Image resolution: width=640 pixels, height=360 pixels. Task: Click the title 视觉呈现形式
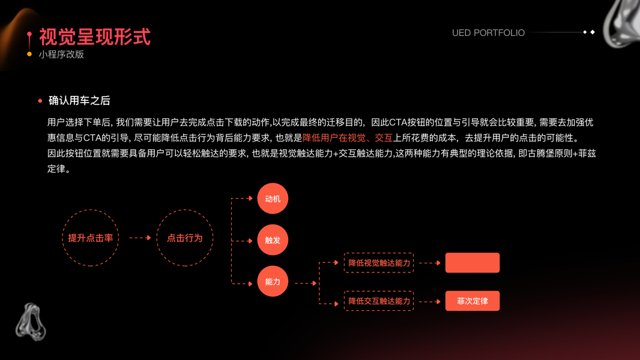click(95, 37)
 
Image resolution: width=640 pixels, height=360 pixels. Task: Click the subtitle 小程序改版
click(61, 55)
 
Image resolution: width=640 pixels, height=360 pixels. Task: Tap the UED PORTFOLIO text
click(488, 33)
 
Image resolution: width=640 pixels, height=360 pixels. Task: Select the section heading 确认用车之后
click(79, 101)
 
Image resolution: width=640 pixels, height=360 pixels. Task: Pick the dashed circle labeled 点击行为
click(185, 238)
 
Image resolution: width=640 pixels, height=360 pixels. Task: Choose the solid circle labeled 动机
click(273, 199)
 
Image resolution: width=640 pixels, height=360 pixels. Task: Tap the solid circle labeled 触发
click(273, 240)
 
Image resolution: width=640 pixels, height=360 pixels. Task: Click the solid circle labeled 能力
click(273, 281)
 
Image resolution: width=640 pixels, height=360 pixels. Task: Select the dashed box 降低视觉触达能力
click(379, 263)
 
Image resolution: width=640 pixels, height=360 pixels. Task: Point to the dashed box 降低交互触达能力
click(379, 301)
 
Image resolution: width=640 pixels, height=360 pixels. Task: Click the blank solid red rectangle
click(472, 263)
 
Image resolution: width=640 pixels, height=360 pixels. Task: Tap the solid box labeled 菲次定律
click(472, 301)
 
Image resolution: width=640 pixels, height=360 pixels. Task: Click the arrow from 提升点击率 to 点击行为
click(140, 238)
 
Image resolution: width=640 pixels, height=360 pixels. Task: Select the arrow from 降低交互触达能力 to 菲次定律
click(429, 301)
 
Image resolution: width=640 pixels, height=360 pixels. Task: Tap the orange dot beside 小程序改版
click(29, 55)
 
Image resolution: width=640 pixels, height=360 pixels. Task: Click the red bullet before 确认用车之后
click(40, 101)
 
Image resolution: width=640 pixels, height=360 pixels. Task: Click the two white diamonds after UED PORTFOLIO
click(588, 32)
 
